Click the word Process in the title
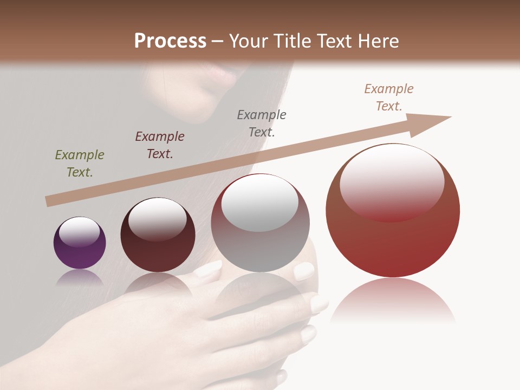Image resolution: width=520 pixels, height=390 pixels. coord(170,41)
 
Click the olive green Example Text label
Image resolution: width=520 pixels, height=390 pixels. coord(80,164)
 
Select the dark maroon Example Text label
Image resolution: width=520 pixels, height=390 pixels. coord(160,145)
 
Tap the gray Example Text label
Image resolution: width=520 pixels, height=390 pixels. coord(262,123)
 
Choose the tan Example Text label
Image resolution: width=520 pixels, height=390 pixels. coord(389,97)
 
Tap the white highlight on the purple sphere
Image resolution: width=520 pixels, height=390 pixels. coord(79,232)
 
